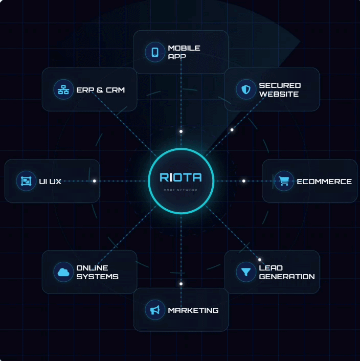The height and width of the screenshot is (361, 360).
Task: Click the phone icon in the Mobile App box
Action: [x=155, y=52]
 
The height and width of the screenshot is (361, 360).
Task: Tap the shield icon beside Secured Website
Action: [x=246, y=89]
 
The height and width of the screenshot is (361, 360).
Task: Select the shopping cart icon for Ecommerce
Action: [x=284, y=181]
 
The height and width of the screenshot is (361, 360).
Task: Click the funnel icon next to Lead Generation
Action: [x=246, y=272]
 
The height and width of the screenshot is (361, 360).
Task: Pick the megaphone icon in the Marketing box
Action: [x=155, y=310]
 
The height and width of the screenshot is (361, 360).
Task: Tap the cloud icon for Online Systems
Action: [x=63, y=272]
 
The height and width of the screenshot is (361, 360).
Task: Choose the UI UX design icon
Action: [x=26, y=181]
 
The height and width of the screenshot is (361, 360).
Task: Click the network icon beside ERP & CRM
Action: [x=63, y=89]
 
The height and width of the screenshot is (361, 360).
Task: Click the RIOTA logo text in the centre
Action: [x=181, y=177]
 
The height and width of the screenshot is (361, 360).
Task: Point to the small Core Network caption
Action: [x=181, y=190]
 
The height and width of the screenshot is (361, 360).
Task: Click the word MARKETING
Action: [x=193, y=310]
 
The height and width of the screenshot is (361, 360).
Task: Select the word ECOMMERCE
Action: [x=324, y=182]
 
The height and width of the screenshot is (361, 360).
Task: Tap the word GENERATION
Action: [x=287, y=277]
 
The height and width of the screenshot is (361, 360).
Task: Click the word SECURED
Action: [x=280, y=85]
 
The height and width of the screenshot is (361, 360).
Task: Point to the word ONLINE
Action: [x=92, y=268]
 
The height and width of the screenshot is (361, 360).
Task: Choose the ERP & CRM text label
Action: [x=100, y=90]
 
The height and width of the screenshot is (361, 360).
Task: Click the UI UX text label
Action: [x=50, y=182]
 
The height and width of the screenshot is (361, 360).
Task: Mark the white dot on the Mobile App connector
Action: [x=181, y=131]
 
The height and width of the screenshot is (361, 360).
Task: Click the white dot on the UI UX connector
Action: [x=95, y=181]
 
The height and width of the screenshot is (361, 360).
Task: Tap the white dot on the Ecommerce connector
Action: [x=244, y=181]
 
